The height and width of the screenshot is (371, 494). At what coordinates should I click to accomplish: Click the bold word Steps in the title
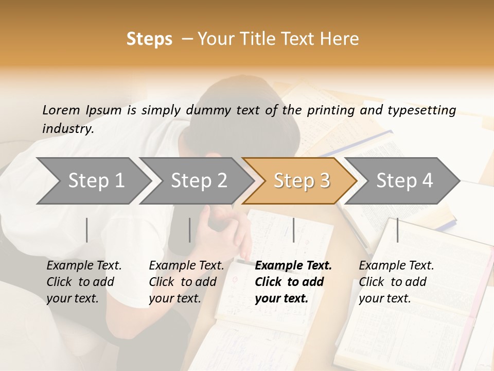click(x=149, y=39)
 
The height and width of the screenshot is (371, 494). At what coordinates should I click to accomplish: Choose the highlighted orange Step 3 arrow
click(x=302, y=181)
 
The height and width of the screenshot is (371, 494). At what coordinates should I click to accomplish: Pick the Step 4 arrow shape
click(x=404, y=181)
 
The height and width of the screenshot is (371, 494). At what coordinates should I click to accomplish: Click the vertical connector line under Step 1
click(x=87, y=230)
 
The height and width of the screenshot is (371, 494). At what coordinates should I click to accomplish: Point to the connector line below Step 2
click(x=190, y=230)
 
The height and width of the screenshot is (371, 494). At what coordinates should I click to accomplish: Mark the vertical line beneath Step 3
click(x=293, y=230)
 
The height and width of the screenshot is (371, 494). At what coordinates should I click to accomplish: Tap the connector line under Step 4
click(x=397, y=230)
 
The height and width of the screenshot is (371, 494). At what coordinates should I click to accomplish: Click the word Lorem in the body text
click(x=61, y=110)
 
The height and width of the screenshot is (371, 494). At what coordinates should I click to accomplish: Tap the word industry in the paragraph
click(x=67, y=129)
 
